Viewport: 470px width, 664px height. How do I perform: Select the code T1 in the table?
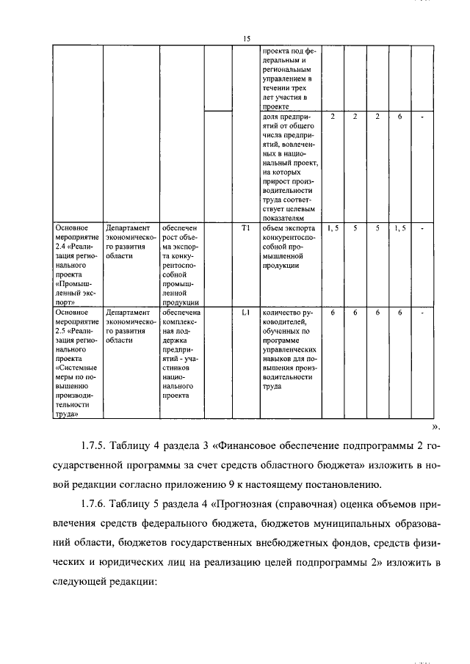[246, 229]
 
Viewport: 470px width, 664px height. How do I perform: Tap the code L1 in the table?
[246, 313]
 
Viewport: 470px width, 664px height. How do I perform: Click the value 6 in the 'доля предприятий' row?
[400, 117]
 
